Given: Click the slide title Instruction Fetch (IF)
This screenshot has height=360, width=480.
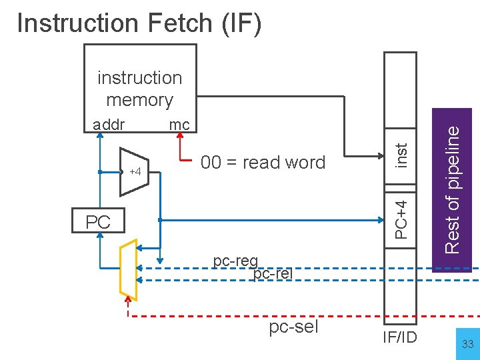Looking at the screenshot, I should (139, 23).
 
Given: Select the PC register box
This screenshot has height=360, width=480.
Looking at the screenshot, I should (98, 221).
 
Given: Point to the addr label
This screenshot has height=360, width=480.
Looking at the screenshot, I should (109, 124).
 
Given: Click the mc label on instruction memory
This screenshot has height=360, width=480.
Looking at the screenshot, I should (179, 124).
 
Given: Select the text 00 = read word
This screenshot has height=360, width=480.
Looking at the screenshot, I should (263, 163).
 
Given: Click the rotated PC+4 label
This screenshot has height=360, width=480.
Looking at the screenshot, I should (401, 215).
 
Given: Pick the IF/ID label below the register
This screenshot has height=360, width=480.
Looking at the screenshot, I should (400, 337).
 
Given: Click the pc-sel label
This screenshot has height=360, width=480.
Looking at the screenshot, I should (294, 327).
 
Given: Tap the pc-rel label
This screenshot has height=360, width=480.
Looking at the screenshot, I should (273, 273).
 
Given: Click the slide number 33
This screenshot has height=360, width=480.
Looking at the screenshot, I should (467, 344).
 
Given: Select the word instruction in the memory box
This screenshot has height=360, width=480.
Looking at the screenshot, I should (139, 78).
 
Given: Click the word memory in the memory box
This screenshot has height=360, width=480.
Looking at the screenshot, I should (139, 100).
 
